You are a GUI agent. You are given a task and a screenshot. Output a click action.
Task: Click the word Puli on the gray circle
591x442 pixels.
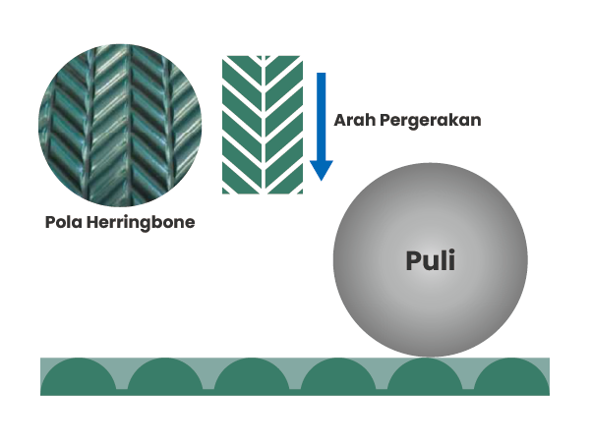(x=431, y=260)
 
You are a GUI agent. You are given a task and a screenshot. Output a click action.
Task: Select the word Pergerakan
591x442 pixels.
(x=431, y=121)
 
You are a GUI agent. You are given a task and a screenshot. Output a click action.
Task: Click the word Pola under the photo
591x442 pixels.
(x=63, y=222)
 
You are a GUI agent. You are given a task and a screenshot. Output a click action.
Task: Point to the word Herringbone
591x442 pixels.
(x=141, y=223)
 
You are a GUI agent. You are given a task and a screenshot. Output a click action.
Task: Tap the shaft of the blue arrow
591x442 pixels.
(x=322, y=117)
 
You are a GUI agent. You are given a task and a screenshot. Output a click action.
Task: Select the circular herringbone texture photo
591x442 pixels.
(x=120, y=126)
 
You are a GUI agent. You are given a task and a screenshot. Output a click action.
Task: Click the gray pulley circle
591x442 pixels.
(x=431, y=259)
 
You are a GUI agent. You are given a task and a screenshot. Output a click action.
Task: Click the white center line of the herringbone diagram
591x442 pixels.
(x=263, y=125)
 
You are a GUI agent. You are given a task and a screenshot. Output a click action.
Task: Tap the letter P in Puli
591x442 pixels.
(x=413, y=260)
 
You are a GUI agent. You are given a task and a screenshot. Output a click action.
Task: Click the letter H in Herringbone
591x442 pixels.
(x=92, y=222)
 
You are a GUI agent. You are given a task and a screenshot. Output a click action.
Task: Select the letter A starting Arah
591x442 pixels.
(x=340, y=120)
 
